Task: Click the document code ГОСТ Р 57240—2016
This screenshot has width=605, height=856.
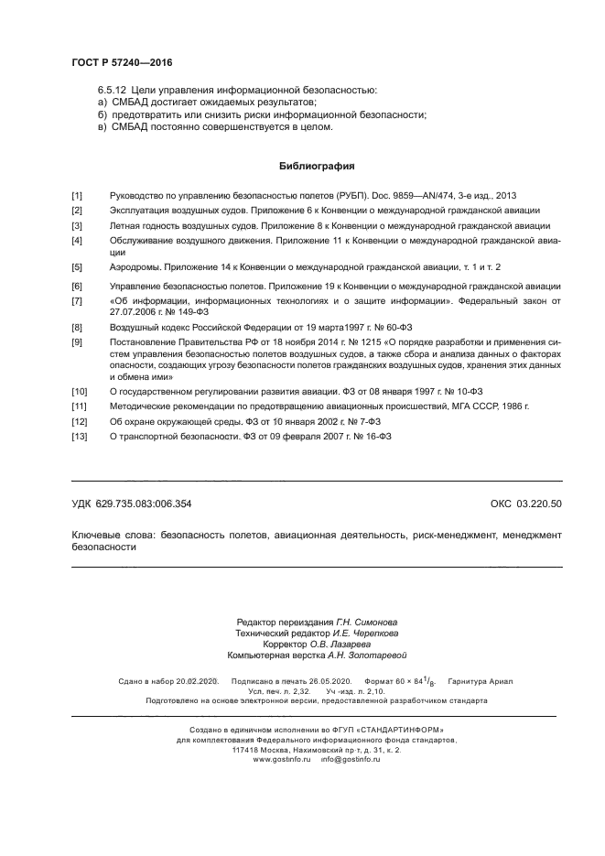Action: click(x=122, y=62)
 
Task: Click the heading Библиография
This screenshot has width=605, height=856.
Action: click(x=316, y=167)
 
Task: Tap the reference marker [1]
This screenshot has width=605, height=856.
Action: click(x=77, y=196)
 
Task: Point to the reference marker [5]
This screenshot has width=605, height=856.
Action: click(x=77, y=266)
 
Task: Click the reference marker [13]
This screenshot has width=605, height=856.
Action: click(x=78, y=437)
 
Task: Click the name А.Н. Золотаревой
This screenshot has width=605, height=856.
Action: click(x=355, y=655)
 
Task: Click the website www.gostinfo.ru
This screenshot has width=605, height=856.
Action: click(x=282, y=759)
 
